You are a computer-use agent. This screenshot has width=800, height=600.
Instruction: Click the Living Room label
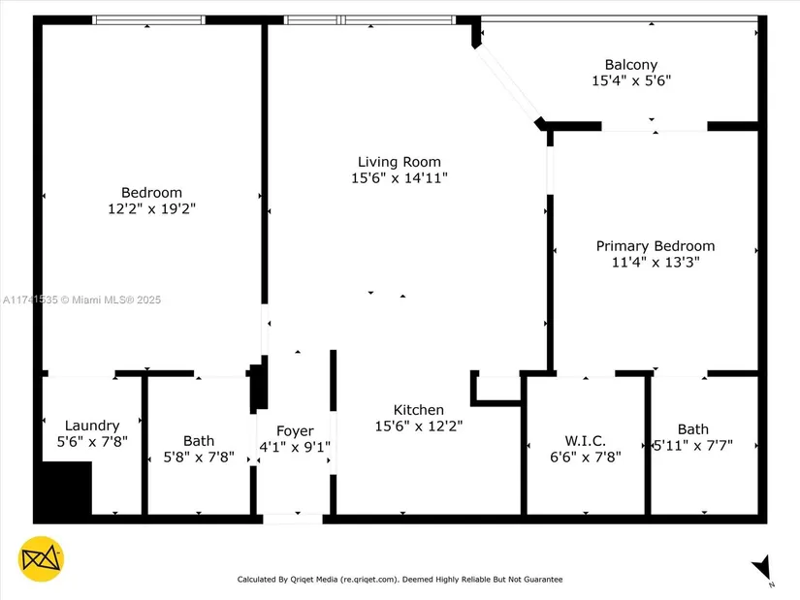[399, 162]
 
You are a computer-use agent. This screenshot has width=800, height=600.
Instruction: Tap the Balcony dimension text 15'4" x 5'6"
[631, 80]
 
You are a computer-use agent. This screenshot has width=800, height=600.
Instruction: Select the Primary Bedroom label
[656, 246]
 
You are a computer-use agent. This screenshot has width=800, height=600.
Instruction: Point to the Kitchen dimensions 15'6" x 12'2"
[418, 426]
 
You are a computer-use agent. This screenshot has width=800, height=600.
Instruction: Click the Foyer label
[295, 431]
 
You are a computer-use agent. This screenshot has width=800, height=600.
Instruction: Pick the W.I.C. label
[585, 441]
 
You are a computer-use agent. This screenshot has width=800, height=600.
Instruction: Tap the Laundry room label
[92, 426]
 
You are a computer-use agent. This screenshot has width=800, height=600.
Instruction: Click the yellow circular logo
[41, 558]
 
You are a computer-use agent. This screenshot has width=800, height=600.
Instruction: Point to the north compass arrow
[762, 567]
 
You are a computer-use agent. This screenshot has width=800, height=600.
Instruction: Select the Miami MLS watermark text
[81, 300]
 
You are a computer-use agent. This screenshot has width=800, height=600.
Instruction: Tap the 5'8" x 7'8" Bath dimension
[199, 458]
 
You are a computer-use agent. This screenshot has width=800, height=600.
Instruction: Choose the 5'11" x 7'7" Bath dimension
[693, 446]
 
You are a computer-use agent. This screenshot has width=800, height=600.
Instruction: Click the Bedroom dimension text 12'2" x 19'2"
[151, 208]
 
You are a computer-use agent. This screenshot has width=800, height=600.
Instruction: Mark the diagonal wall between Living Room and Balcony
[508, 83]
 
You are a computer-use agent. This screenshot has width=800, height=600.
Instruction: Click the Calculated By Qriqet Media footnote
[400, 579]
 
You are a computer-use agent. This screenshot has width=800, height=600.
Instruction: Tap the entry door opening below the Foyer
[293, 520]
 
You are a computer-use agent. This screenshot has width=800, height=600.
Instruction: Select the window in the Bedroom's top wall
[148, 20]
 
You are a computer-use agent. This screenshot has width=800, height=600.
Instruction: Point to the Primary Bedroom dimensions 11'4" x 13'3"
[656, 263]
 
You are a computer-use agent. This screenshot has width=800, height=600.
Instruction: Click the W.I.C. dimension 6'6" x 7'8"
[585, 457]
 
